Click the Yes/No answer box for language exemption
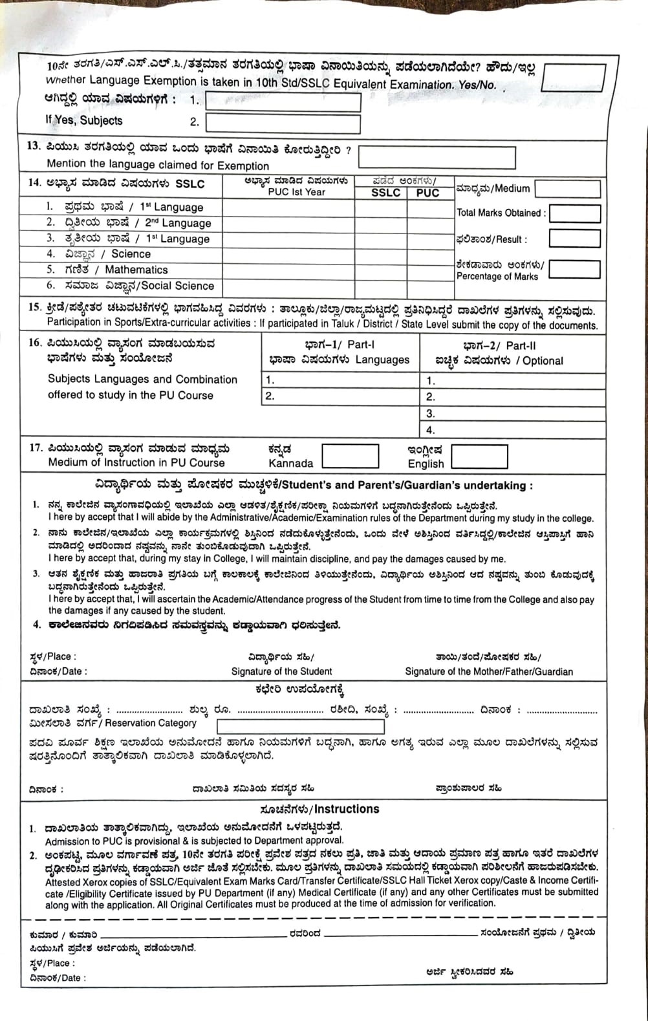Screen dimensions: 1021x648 (572, 78)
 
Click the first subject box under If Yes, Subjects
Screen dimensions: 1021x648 (283, 102)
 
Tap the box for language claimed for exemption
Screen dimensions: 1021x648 (437, 157)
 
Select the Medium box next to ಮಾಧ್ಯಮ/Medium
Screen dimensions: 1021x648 (567, 189)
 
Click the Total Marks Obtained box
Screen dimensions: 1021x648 (574, 213)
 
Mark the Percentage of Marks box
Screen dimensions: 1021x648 (574, 270)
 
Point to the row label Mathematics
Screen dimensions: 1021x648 (136, 270)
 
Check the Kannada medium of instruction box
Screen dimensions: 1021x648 (350, 456)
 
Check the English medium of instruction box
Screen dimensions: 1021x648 (479, 457)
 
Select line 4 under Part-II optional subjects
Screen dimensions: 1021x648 (514, 429)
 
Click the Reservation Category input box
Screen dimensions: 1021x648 (300, 725)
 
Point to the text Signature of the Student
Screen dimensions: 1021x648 (281, 671)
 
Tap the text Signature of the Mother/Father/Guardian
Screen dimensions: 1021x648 (488, 671)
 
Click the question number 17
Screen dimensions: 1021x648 (35, 447)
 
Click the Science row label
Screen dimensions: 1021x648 (130, 254)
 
